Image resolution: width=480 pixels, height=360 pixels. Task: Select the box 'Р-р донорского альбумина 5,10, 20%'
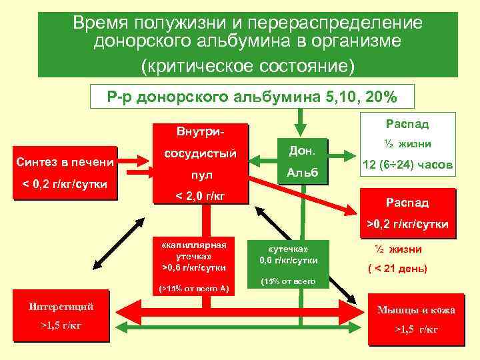tap(252, 97)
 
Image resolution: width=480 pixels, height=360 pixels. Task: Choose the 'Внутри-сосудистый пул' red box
tap(200, 161)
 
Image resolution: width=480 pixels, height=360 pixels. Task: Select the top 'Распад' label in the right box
tap(407, 124)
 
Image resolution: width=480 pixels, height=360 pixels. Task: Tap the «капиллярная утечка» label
tap(195, 249)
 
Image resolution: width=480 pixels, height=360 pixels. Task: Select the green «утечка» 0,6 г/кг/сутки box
tap(289, 261)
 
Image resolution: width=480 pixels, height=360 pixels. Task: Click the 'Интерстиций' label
tap(61, 307)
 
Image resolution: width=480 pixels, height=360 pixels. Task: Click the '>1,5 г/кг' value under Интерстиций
tap(61, 325)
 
